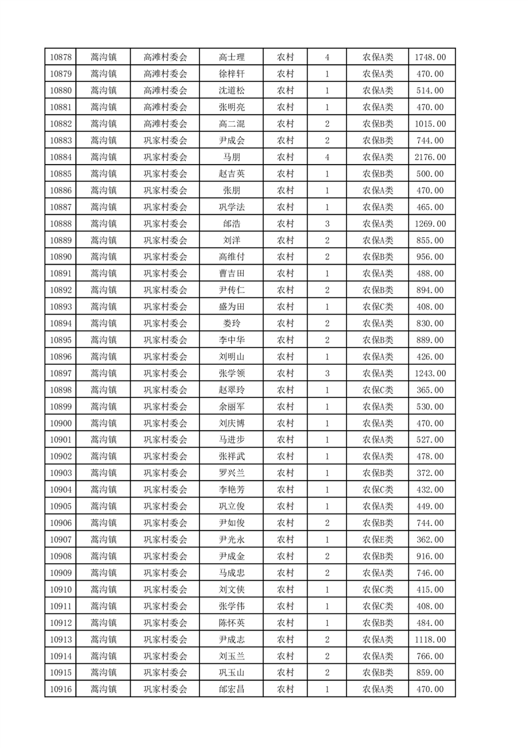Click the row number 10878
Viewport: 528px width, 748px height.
click(x=61, y=57)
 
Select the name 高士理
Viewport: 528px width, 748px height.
click(x=231, y=57)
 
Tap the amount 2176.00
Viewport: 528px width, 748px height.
click(x=429, y=157)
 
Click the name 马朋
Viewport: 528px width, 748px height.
click(x=231, y=157)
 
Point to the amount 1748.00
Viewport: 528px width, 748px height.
click(x=429, y=57)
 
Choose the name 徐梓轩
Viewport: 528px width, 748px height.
click(x=231, y=74)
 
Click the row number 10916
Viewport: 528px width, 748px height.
click(x=61, y=689)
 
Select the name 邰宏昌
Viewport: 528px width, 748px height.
click(x=231, y=689)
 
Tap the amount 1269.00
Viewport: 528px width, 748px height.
click(x=429, y=223)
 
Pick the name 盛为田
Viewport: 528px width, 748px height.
click(x=231, y=307)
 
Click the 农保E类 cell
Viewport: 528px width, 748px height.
click(x=378, y=539)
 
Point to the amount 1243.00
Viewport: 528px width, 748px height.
click(x=429, y=373)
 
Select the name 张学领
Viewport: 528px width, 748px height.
click(x=231, y=373)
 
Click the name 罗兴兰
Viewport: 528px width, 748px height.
click(x=231, y=473)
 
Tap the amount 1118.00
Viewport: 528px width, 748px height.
click(x=429, y=639)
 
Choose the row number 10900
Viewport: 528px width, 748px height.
click(x=61, y=423)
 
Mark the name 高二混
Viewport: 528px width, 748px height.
click(x=231, y=124)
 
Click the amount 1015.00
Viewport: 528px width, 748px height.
click(x=429, y=124)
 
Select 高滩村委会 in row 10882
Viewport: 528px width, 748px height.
click(x=166, y=124)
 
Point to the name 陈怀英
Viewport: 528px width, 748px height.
click(x=231, y=622)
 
